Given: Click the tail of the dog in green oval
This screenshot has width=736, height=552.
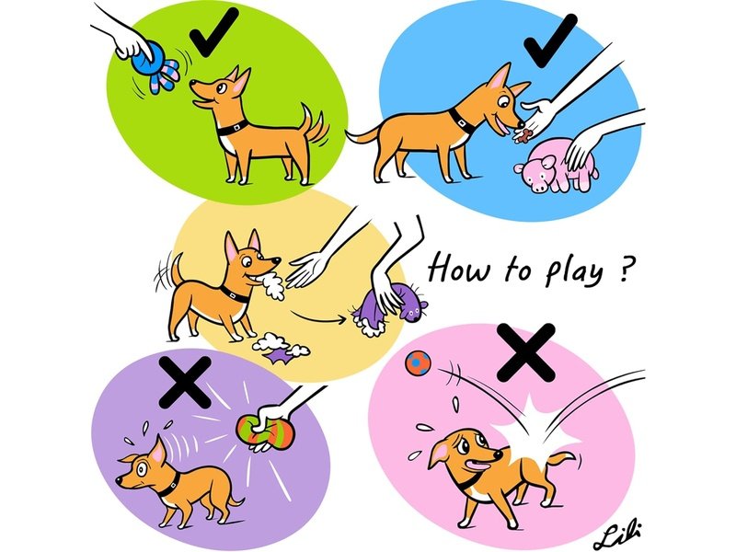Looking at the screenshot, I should [315, 124].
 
